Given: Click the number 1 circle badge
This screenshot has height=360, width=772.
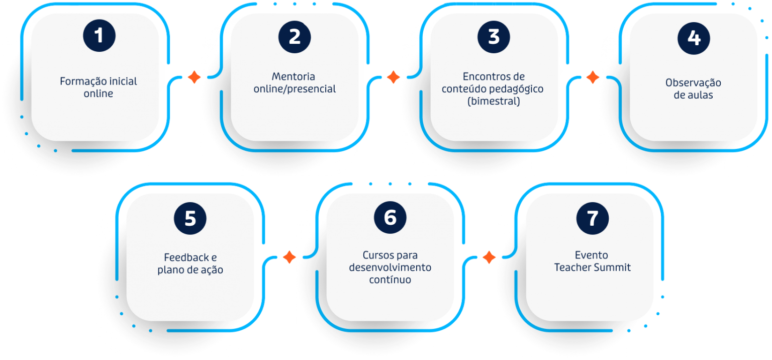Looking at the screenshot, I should tap(100, 36).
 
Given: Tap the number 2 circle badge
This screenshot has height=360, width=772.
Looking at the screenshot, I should tap(295, 37).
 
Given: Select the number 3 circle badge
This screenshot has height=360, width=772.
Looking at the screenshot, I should tap(494, 37).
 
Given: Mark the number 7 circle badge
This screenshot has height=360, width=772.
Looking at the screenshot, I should tap(593, 218).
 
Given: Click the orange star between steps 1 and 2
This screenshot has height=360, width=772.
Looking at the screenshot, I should tap(194, 77).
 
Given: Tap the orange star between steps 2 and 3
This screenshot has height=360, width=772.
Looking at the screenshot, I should tap(393, 77).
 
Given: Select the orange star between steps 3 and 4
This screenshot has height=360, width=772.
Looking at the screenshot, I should tap(593, 77).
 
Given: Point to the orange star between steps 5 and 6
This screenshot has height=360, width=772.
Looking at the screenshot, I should tap(289, 257).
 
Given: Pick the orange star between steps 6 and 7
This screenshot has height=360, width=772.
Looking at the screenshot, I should tap(489, 257).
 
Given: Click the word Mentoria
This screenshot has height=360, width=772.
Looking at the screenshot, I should tap(294, 76).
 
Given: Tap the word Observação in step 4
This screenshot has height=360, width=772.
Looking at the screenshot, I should tap(693, 83).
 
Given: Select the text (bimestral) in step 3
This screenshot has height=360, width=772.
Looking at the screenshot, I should tap(493, 102).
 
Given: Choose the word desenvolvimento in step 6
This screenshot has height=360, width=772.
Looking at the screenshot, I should tap(390, 267).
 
